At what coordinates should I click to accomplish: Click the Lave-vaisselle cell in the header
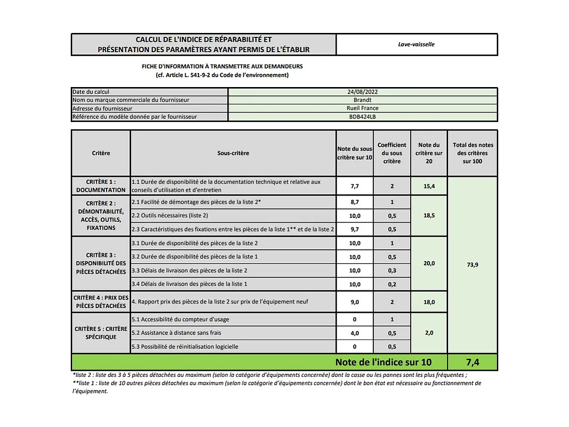click(x=416, y=44)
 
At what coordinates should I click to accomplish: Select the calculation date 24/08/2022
click(x=363, y=92)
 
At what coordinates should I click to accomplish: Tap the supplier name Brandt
click(x=363, y=100)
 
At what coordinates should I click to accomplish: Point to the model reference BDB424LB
click(x=363, y=117)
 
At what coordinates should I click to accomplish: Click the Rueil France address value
click(x=363, y=109)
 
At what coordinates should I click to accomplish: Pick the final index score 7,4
click(x=472, y=363)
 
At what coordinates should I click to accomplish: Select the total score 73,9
click(x=472, y=265)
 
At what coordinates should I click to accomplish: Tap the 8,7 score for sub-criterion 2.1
click(x=355, y=202)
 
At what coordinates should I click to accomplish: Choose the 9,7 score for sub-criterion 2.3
click(x=355, y=229)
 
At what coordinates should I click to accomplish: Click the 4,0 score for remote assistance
click(x=355, y=333)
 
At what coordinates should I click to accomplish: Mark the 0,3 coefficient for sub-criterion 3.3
click(x=392, y=271)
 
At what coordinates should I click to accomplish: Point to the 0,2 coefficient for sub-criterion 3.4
click(x=392, y=284)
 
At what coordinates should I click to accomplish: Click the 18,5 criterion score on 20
click(x=429, y=215)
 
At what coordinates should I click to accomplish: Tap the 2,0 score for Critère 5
click(x=429, y=333)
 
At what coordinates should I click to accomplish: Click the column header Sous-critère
click(x=233, y=153)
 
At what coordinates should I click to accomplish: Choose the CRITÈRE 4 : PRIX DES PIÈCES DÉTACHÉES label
click(x=101, y=302)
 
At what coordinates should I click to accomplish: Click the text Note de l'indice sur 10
click(x=383, y=363)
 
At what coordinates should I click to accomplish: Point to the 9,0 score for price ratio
click(x=355, y=302)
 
